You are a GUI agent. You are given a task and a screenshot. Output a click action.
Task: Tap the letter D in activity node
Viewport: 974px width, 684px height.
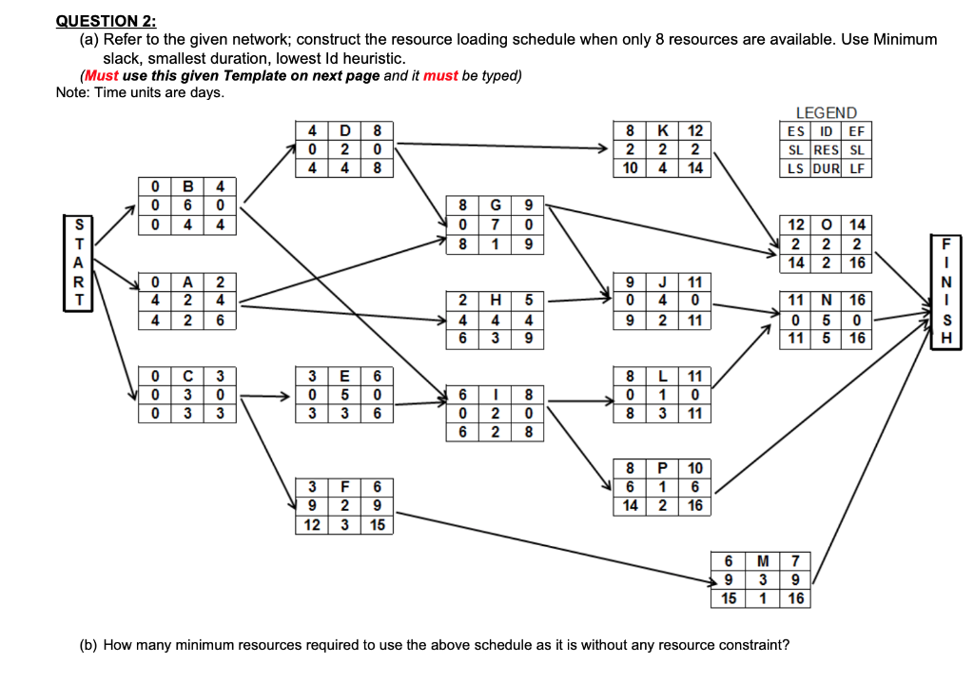[345, 130]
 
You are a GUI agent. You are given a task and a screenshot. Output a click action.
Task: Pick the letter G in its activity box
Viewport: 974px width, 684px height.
[497, 205]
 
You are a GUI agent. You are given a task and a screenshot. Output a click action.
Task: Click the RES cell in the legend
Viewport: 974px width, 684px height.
[825, 150]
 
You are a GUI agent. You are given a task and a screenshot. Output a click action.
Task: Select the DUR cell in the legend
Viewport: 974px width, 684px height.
[825, 168]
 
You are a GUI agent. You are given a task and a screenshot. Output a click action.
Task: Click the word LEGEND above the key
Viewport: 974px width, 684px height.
[826, 113]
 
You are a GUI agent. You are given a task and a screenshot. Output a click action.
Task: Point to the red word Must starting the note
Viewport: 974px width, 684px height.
[102, 76]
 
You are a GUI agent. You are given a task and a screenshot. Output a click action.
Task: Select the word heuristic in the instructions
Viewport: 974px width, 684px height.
[364, 58]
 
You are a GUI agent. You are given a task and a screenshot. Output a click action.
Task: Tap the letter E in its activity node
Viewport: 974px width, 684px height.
[345, 376]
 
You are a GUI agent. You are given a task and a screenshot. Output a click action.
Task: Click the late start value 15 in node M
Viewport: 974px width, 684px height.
[728, 598]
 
